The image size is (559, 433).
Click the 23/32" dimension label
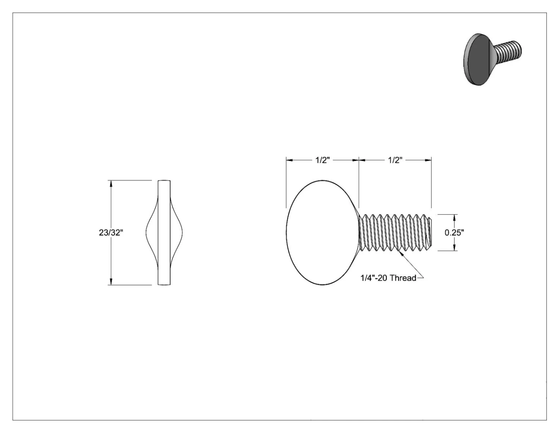tap(111, 233)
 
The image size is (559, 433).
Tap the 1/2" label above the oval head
tap(323, 160)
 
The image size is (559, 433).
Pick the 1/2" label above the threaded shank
tap(395, 160)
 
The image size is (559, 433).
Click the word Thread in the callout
tap(404, 278)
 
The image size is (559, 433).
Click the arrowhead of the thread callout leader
tap(401, 254)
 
